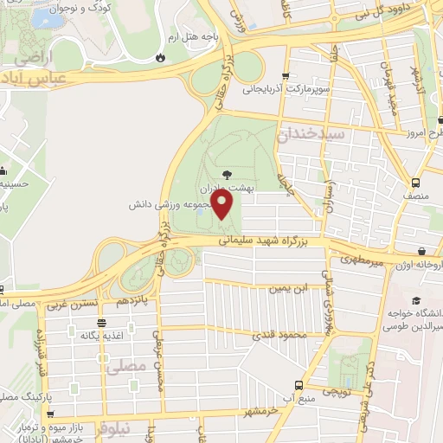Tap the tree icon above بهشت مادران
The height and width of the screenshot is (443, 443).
pyautogui.click(x=227, y=174)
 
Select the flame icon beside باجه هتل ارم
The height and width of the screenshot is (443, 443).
pyautogui.click(x=160, y=57)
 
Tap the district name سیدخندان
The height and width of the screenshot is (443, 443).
pyautogui.click(x=311, y=135)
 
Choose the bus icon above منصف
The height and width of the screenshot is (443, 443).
pyautogui.click(x=416, y=183)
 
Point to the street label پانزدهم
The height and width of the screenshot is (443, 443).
pyautogui.click(x=133, y=300)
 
